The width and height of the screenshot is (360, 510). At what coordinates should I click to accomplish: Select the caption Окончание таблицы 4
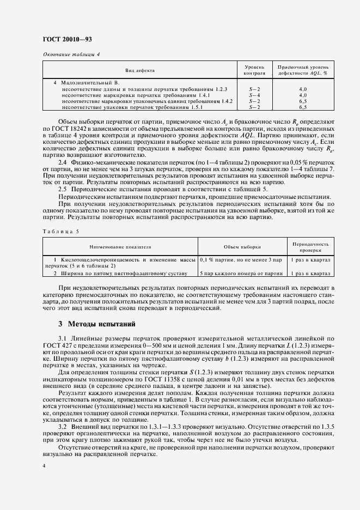tap(71, 54)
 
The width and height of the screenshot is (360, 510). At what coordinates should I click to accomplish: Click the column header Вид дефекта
tap(140, 70)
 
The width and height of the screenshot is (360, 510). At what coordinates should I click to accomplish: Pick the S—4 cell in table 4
tap(254, 95)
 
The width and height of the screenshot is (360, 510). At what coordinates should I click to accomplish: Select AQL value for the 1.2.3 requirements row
tap(303, 88)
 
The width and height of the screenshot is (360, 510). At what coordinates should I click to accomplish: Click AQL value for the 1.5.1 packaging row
tap(303, 107)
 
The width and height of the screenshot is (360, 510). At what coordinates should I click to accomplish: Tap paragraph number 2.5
tap(63, 188)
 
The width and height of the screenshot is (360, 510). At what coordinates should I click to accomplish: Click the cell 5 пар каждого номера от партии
tap(241, 273)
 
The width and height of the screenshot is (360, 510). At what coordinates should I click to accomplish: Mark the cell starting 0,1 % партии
tap(242, 260)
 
